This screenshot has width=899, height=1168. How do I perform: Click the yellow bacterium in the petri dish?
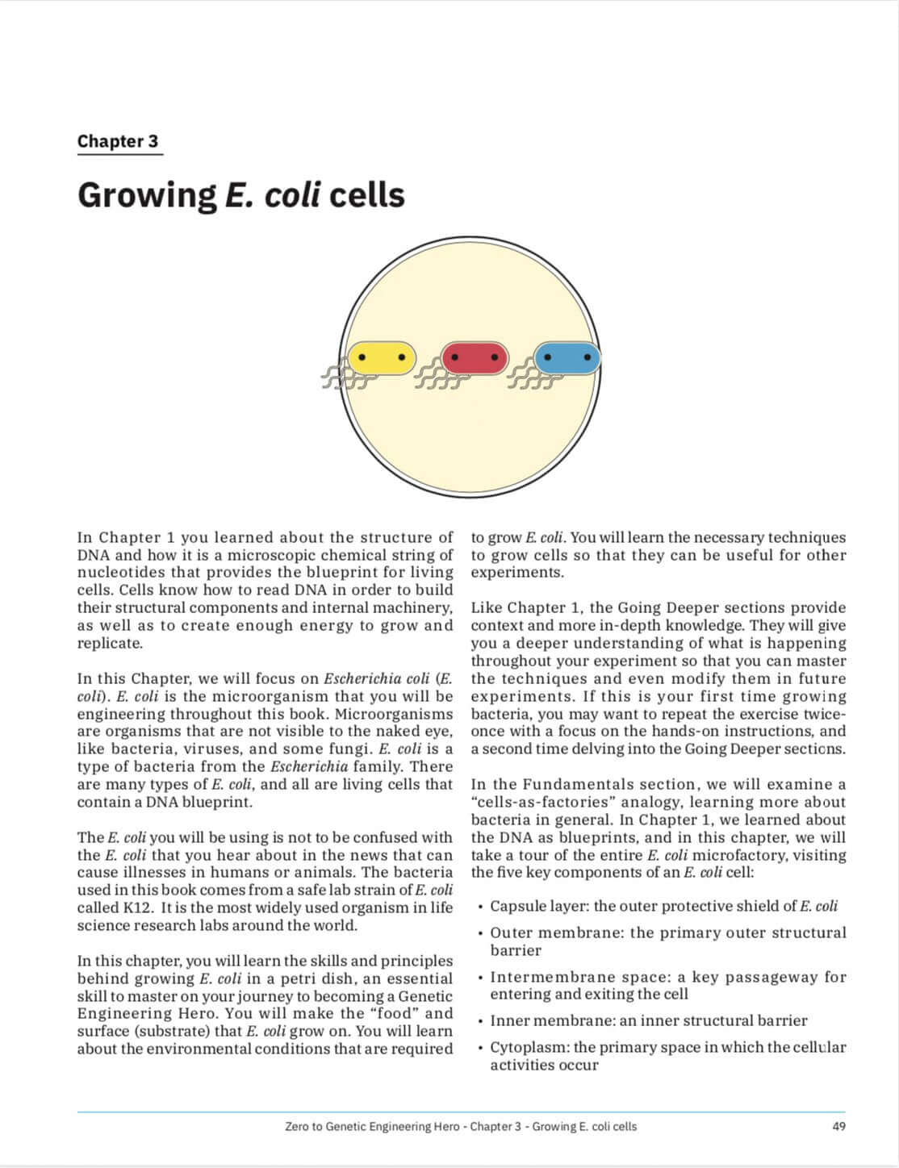click(381, 357)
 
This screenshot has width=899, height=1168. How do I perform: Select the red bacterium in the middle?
click(475, 357)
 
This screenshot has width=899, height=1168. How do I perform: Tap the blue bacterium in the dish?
click(567, 357)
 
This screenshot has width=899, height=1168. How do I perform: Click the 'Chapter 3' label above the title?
click(118, 141)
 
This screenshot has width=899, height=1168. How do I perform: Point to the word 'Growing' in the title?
click(146, 195)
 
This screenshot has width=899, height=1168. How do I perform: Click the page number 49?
click(838, 1126)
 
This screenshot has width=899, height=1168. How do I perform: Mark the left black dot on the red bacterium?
click(455, 357)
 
